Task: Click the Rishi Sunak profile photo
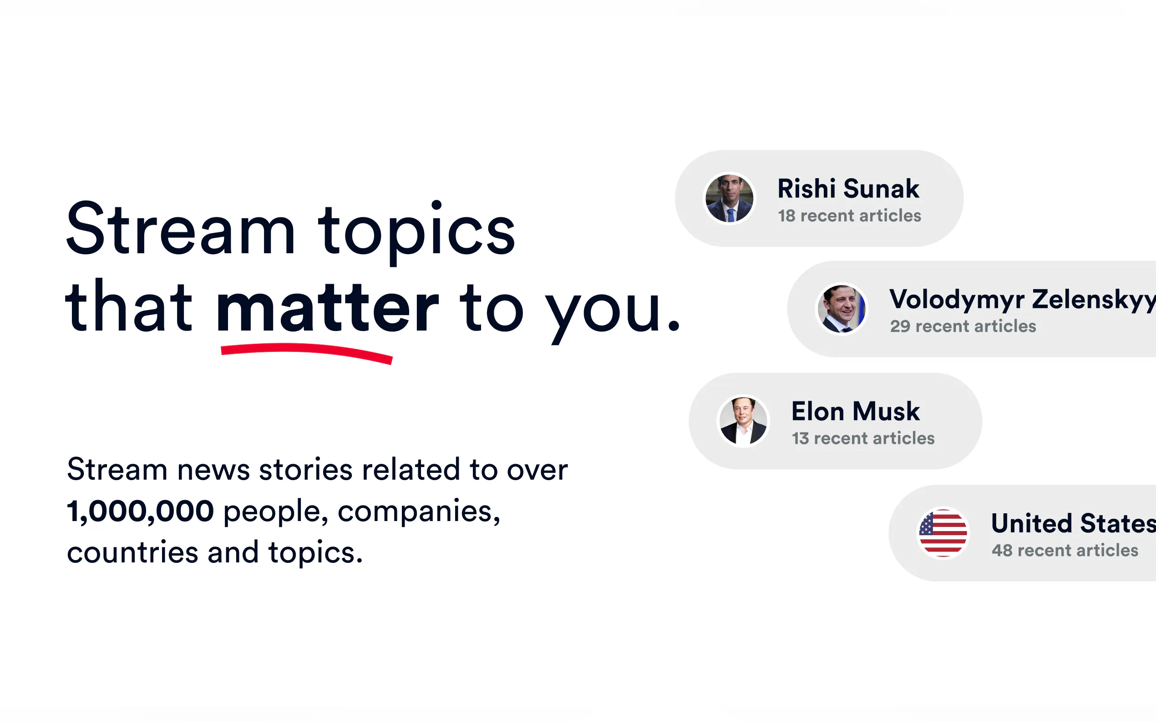click(x=729, y=198)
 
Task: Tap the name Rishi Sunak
click(x=848, y=188)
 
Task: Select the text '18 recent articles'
click(x=849, y=216)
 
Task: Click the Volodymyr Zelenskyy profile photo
click(x=842, y=309)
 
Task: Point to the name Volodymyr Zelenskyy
click(x=1022, y=300)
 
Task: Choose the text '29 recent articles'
click(x=963, y=326)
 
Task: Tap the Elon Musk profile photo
click(x=743, y=421)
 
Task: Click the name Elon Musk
click(x=856, y=411)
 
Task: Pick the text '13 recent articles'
click(x=863, y=438)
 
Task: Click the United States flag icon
click(x=943, y=532)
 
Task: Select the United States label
click(x=1073, y=523)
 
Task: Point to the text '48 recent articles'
click(x=1065, y=551)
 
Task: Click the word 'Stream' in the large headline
click(x=180, y=229)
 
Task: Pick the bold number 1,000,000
click(x=141, y=511)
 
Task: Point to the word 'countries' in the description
click(x=132, y=552)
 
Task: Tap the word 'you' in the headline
click(x=604, y=313)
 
